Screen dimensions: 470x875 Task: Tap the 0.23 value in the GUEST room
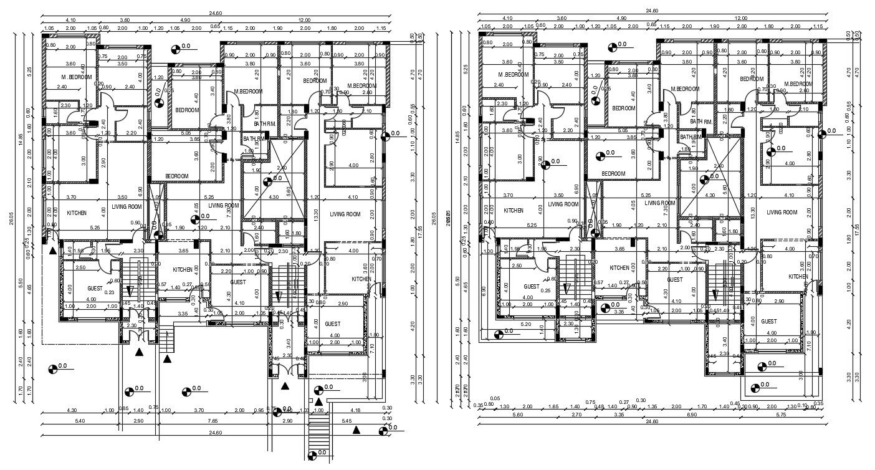click(x=109, y=292)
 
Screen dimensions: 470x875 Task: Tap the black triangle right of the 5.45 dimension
click(x=356, y=429)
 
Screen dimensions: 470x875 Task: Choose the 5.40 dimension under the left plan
click(x=80, y=421)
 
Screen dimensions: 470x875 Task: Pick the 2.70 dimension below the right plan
click(x=576, y=414)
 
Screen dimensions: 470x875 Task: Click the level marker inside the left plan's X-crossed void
click(x=268, y=182)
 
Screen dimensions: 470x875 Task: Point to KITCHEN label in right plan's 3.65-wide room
click(x=619, y=268)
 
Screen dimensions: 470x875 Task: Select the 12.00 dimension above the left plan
click(x=304, y=19)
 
